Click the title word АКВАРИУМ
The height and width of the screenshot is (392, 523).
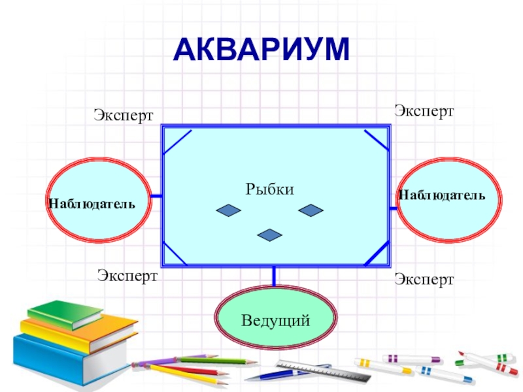(261, 50)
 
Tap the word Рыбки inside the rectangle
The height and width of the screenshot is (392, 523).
(270, 189)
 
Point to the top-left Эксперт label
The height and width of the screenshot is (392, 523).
(123, 116)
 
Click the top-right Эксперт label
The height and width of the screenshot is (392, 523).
(424, 110)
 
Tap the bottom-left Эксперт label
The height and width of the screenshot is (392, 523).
(127, 275)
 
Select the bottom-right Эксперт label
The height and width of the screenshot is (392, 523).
(424, 280)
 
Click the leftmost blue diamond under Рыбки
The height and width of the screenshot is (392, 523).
(229, 210)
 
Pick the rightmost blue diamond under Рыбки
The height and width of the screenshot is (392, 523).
(311, 210)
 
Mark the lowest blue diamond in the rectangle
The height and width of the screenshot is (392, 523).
(269, 235)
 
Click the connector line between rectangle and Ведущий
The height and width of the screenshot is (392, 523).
(273, 277)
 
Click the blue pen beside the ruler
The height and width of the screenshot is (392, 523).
(275, 374)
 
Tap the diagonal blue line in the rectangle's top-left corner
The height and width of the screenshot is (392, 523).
(177, 142)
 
